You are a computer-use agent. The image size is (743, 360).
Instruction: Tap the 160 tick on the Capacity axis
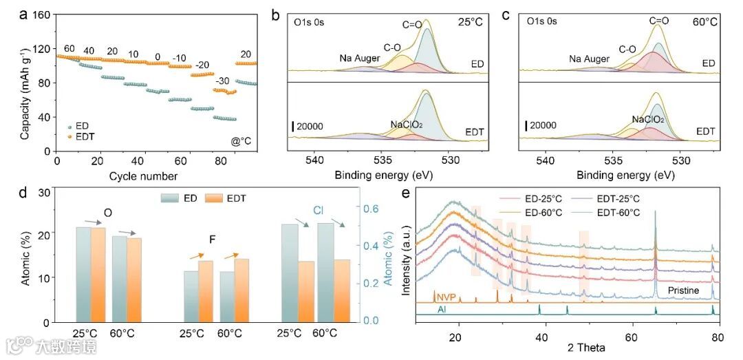point(43,15)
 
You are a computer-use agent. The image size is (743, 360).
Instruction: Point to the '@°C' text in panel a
point(242,142)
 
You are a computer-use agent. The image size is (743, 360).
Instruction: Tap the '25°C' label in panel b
point(473,21)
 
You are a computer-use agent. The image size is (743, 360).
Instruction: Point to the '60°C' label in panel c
point(704,21)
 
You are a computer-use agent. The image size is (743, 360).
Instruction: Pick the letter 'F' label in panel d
point(213,240)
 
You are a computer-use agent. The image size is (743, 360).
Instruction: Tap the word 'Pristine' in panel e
point(683,291)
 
